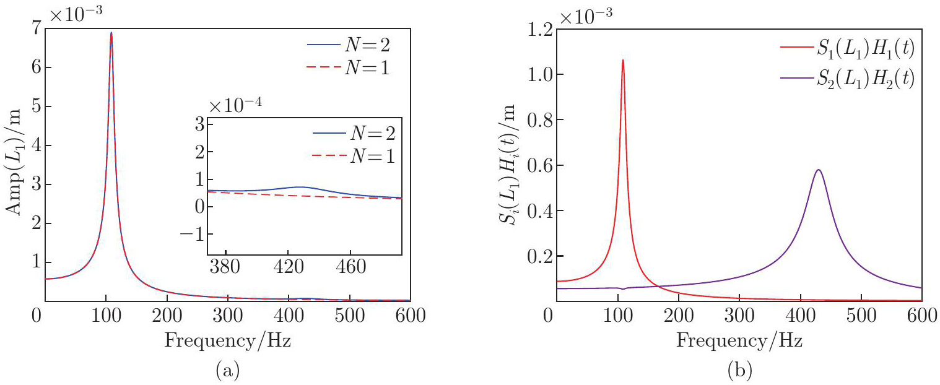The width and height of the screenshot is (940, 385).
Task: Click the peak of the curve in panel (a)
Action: (x=111, y=33)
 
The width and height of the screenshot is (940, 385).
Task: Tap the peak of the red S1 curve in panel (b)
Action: (x=622, y=60)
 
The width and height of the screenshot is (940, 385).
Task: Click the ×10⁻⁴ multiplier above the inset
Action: (x=236, y=103)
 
